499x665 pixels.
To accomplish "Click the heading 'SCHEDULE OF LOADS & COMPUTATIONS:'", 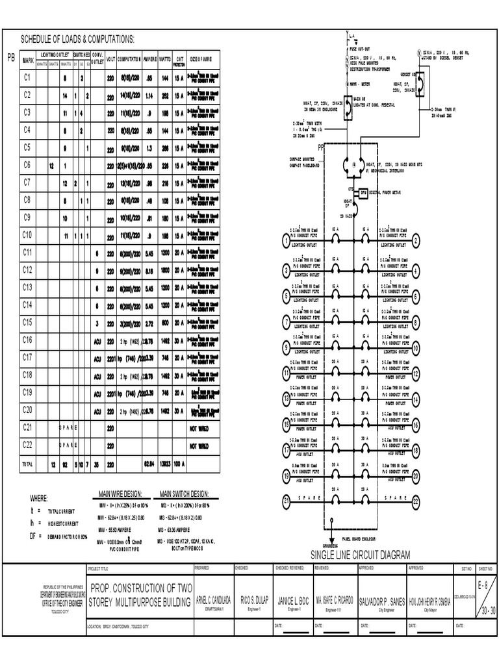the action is [x=78, y=39].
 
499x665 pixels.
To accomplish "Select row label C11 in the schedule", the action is [x=27, y=252].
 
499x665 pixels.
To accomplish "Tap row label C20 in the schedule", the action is [x=27, y=410].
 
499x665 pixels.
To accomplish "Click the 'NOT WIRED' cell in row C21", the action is [x=199, y=428].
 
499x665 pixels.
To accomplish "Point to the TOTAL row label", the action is [x=27, y=464].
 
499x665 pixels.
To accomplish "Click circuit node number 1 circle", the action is [x=287, y=242].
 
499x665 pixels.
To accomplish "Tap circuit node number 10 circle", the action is [x=416, y=349].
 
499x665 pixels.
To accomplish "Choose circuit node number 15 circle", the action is [x=287, y=425].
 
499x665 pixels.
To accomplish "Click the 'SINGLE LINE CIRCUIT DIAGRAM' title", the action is [x=361, y=554].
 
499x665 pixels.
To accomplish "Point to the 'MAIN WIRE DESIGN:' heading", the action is [x=120, y=494].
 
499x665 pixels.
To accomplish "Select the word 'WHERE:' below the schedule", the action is [x=39, y=499].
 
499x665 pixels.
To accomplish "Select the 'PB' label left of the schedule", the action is [x=10, y=58].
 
